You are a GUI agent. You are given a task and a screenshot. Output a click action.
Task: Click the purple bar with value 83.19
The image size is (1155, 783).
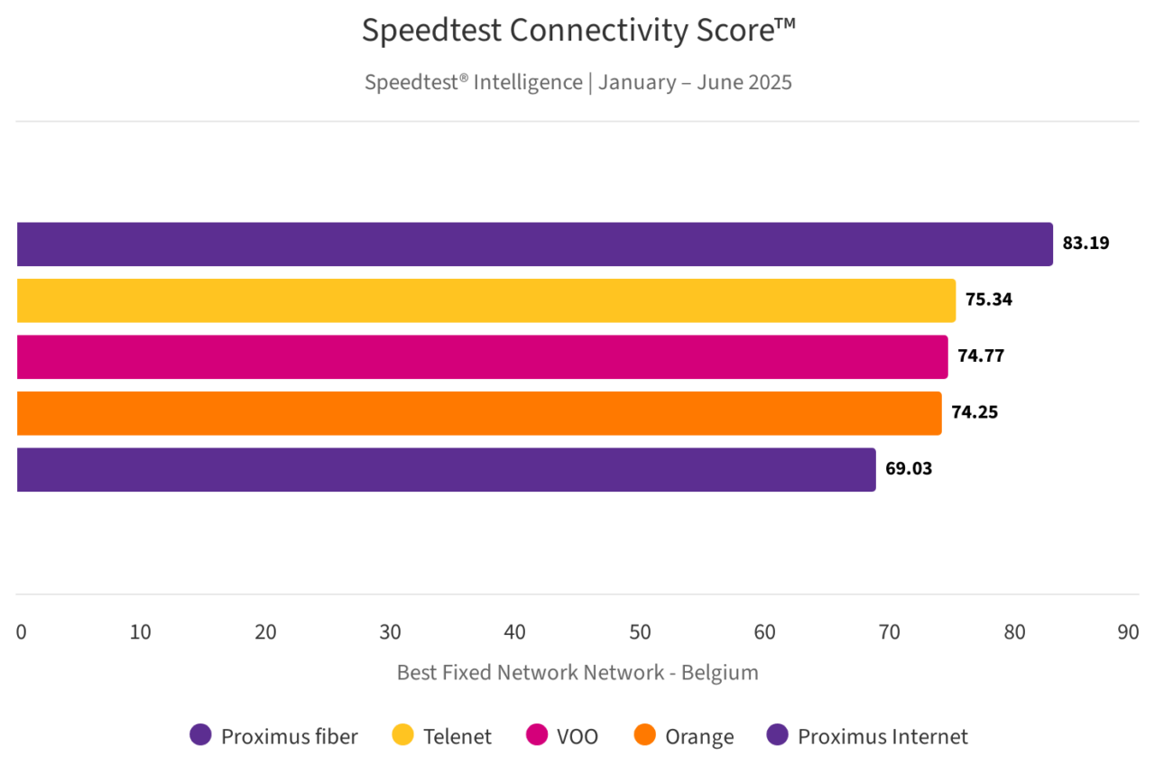click(x=534, y=244)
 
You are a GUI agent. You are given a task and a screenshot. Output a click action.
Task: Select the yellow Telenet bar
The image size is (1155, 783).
click(x=485, y=300)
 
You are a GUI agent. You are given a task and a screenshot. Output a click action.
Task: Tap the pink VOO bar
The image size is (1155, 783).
click(x=482, y=357)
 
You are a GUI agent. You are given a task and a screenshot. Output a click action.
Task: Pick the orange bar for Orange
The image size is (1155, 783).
click(x=478, y=413)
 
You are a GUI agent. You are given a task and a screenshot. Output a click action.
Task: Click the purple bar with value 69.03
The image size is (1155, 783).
click(x=446, y=470)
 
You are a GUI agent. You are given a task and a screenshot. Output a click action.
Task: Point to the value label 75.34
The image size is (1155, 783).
click(x=989, y=299)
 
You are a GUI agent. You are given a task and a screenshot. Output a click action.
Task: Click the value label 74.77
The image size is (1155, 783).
click(x=981, y=355)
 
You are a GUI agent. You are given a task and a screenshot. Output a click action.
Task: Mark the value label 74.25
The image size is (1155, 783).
click(x=975, y=412)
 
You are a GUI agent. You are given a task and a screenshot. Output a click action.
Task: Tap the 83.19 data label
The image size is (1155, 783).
click(x=1086, y=243)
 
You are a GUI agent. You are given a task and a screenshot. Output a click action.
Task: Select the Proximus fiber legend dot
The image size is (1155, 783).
click(x=200, y=735)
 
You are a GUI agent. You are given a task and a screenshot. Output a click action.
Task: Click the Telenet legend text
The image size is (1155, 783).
click(x=457, y=737)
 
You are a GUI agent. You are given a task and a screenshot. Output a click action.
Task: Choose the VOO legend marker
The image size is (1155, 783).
click(x=536, y=735)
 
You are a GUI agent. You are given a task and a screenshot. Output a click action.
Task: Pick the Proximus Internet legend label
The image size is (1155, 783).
click(x=882, y=737)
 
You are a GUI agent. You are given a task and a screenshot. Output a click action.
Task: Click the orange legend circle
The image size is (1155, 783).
click(x=644, y=735)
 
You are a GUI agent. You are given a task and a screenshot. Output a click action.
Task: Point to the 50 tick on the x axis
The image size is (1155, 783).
click(x=640, y=632)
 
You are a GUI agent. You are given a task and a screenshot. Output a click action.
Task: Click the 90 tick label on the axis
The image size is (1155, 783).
click(x=1128, y=632)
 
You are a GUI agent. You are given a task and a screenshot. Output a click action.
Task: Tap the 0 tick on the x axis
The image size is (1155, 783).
click(x=21, y=632)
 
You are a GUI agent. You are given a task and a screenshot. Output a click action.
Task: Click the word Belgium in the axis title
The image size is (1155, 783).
click(x=720, y=673)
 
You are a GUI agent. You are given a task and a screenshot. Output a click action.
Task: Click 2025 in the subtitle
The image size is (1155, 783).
click(x=768, y=82)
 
